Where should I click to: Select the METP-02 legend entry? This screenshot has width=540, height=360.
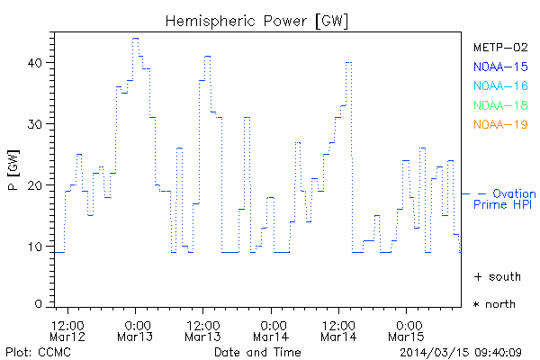pyautogui.click(x=499, y=47)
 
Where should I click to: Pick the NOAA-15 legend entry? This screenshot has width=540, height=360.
pyautogui.click(x=499, y=66)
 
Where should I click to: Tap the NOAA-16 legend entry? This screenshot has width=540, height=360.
pyautogui.click(x=499, y=85)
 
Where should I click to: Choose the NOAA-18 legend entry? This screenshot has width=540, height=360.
pyautogui.click(x=499, y=104)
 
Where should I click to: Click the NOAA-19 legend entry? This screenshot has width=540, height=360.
pyautogui.click(x=499, y=124)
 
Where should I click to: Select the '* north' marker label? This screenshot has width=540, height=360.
pyautogui.click(x=494, y=304)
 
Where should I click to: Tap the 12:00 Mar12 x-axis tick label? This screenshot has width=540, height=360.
pyautogui.click(x=68, y=329)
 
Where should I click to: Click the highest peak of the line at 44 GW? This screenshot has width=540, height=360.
pyautogui.click(x=135, y=39)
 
